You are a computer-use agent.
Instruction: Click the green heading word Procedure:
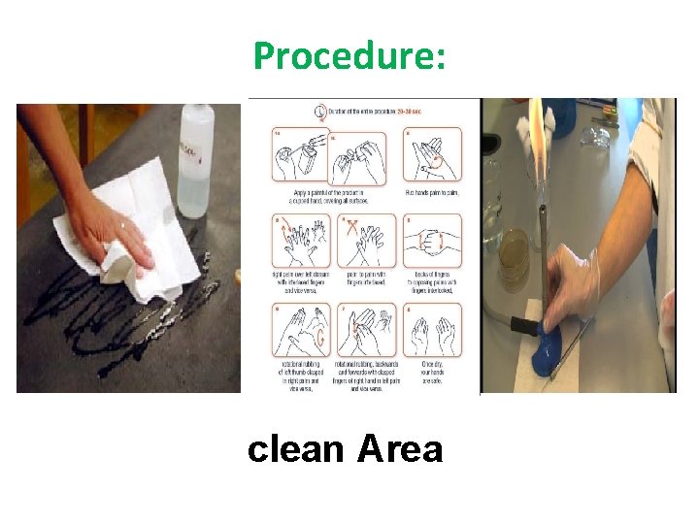[349, 56]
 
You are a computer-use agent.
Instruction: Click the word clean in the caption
[295, 449]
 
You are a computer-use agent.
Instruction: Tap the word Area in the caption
[400, 449]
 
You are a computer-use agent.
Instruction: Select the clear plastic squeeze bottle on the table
[196, 160]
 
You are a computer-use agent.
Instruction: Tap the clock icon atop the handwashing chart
[321, 110]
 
